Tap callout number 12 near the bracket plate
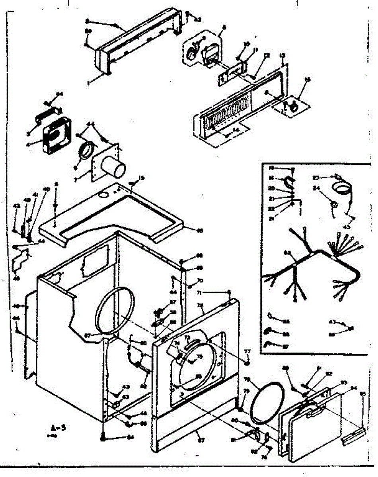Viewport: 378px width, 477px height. point(267,56)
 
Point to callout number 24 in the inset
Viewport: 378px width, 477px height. point(316,188)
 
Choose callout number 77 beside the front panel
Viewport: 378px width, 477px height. point(247,351)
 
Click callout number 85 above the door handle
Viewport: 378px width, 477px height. point(362,394)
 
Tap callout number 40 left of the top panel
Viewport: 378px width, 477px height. point(44,189)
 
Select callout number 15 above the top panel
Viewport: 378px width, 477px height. point(141,178)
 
